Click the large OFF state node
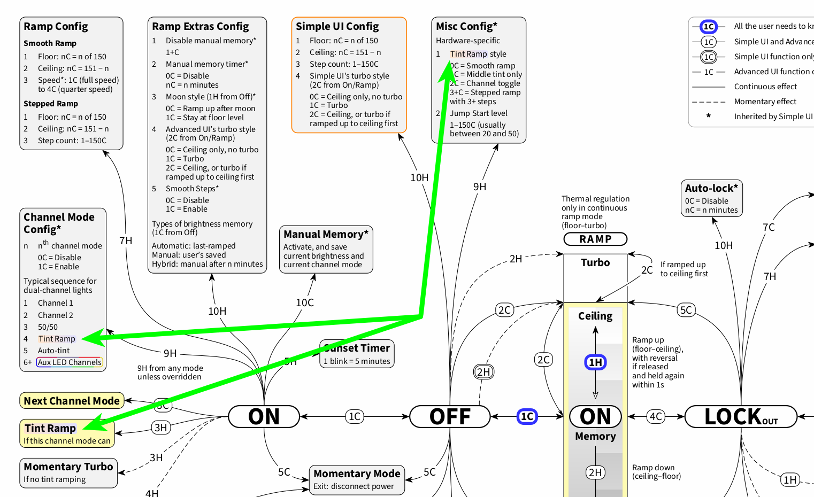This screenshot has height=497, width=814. point(450,416)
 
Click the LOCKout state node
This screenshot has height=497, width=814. point(741,416)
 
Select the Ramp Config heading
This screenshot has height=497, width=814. point(56,26)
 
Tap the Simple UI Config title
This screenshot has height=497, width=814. point(337,26)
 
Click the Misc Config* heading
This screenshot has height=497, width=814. point(466,26)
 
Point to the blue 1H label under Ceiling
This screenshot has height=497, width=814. point(595,362)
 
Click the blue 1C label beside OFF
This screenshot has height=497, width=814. point(527,416)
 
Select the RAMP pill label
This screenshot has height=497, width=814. point(595,239)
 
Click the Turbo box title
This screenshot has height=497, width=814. point(595,262)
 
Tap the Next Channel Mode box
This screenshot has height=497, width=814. point(72,401)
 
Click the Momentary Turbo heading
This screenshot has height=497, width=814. point(68,467)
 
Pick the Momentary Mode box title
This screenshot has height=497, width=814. point(357,473)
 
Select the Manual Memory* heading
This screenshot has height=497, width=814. point(326,234)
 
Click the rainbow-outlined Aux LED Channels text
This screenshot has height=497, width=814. point(70,362)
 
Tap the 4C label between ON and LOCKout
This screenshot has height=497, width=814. point(656,416)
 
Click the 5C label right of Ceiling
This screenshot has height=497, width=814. point(686,310)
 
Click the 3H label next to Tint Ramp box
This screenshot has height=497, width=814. point(160,428)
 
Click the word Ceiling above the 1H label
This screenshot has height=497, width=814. point(595,316)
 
